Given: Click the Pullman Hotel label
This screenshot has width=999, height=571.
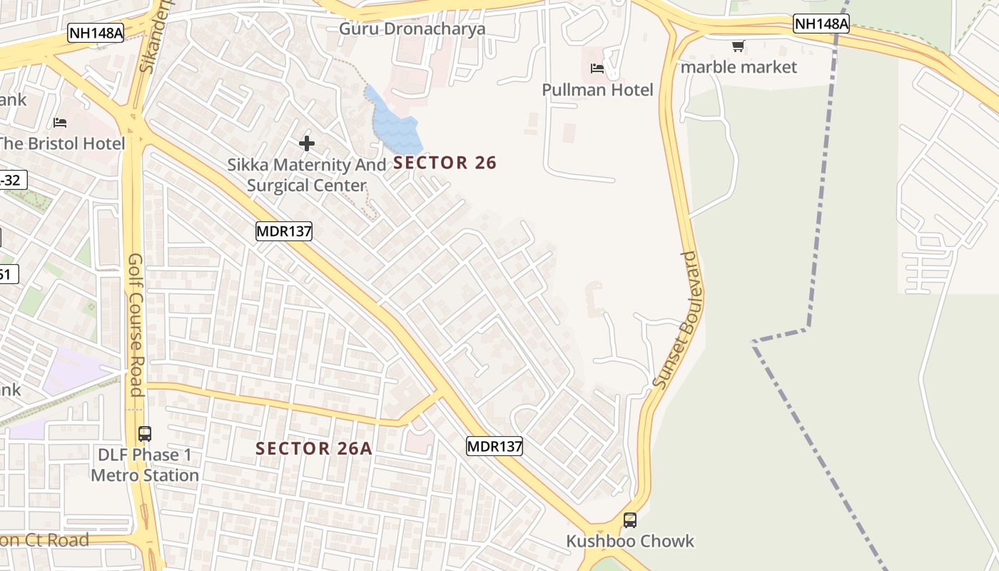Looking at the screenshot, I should [x=597, y=90].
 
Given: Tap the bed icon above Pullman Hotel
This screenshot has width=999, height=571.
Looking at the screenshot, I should [x=597, y=69].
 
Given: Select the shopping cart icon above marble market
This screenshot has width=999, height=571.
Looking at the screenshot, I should [x=738, y=46].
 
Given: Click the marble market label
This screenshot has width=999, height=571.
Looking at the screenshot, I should [x=738, y=67].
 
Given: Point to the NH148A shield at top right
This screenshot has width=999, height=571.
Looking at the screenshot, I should [x=821, y=24].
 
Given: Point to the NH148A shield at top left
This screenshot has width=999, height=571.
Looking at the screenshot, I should [x=96, y=33].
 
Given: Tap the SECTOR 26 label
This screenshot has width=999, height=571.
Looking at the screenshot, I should [x=445, y=163].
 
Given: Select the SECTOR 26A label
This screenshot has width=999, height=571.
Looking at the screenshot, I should [x=314, y=448].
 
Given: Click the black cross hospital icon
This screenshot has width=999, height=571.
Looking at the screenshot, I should [x=307, y=143].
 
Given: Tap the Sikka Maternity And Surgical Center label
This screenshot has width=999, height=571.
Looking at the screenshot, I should [x=307, y=175].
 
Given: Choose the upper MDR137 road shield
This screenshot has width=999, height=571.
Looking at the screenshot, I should [x=284, y=231].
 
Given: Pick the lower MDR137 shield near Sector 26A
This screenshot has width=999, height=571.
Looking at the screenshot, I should [x=495, y=446].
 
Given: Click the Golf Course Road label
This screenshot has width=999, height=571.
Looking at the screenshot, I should [x=136, y=325].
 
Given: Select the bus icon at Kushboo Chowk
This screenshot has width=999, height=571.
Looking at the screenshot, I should [x=629, y=520].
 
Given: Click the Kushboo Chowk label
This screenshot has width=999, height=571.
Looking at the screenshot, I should [x=629, y=541].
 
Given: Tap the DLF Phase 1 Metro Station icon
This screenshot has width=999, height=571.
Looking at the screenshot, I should [x=145, y=433].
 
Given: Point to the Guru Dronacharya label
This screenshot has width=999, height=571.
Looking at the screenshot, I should [x=412, y=29].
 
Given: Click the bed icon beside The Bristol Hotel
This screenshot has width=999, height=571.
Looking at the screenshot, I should [x=60, y=123].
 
